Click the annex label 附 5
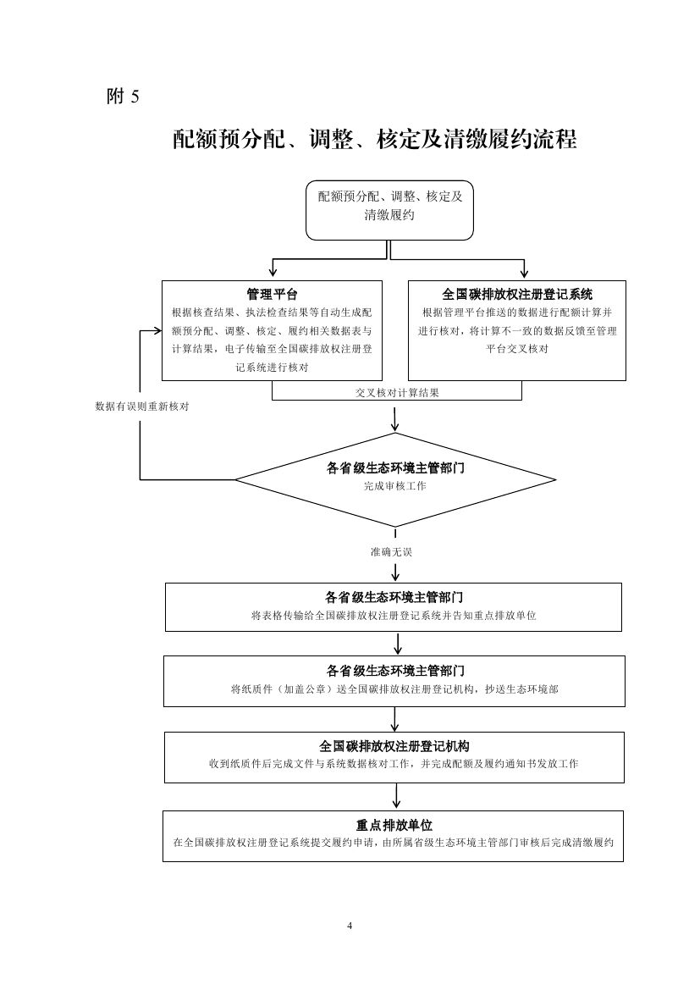tap(123, 96)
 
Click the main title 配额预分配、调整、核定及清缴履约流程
tap(375, 140)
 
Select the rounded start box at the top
tap(389, 210)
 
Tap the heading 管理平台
tap(272, 294)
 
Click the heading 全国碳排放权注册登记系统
tap(517, 294)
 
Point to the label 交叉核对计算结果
tap(397, 393)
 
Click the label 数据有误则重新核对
tap(142, 407)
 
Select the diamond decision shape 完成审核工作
tap(396, 480)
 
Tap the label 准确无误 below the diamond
tap(391, 552)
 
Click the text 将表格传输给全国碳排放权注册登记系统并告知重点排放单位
tap(394, 616)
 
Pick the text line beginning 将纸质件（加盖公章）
tap(394, 689)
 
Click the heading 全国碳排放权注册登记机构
tap(394, 746)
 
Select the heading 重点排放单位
tap(394, 825)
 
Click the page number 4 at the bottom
tap(350, 926)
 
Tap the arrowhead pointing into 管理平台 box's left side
tap(157, 330)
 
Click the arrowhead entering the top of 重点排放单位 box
tap(396, 805)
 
